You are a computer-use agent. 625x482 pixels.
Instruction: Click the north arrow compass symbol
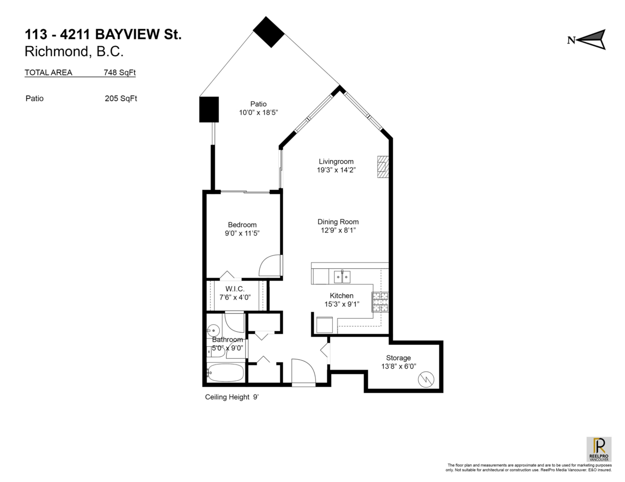[591, 40]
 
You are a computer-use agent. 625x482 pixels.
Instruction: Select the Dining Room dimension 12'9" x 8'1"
[338, 230]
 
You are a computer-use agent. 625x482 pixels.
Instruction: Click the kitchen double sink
[342, 277]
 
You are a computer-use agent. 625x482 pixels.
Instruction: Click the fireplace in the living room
[383, 167]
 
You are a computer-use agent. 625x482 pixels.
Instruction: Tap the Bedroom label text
[242, 225]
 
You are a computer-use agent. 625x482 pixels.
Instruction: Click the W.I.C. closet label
[235, 289]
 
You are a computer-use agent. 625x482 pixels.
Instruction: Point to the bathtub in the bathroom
[226, 372]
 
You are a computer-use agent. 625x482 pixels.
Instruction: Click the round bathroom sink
[213, 329]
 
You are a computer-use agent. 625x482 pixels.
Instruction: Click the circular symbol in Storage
[427, 379]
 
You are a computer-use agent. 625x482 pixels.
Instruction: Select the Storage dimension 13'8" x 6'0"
[398, 366]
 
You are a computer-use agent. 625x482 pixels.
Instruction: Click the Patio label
[258, 104]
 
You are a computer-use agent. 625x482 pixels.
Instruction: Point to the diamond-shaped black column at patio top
[269, 32]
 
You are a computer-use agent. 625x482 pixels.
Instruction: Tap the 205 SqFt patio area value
[121, 98]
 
